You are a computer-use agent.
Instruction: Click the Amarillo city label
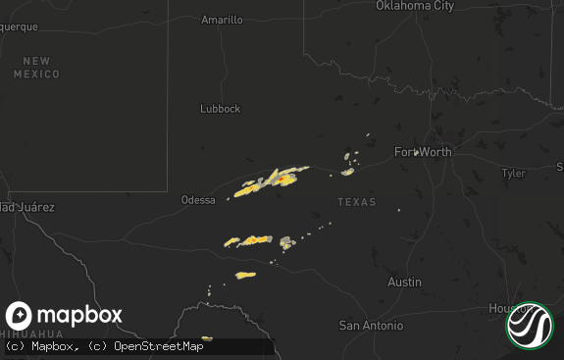(222, 20)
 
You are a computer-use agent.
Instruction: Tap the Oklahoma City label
(415, 6)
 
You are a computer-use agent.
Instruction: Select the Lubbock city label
(220, 109)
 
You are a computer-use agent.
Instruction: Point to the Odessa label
(198, 200)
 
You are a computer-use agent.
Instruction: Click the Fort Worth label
(423, 152)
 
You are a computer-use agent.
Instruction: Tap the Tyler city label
(513, 174)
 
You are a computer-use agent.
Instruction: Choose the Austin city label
(404, 283)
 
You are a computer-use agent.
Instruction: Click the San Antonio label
(371, 326)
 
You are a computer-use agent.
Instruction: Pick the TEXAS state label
(356, 202)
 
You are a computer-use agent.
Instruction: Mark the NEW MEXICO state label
(36, 68)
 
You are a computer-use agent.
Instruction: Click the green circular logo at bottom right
(530, 326)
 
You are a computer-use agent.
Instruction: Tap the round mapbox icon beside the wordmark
(19, 316)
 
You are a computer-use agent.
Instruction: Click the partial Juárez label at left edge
(26, 208)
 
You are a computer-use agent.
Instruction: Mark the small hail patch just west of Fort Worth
(348, 172)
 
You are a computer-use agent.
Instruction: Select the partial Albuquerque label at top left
(18, 26)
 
